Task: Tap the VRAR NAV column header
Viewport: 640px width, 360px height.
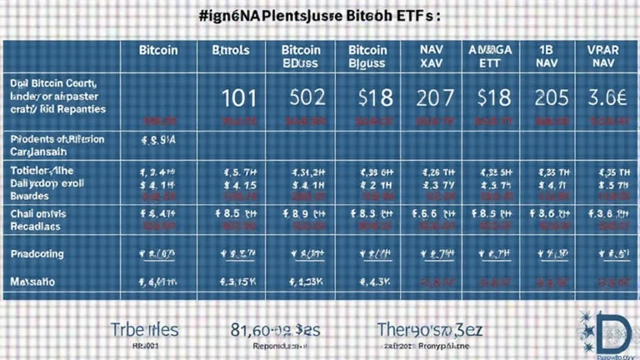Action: click(x=602, y=56)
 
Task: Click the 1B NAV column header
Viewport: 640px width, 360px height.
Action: click(x=548, y=56)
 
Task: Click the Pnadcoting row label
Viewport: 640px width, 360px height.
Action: click(x=37, y=253)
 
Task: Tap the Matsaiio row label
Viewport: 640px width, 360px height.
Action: click(x=33, y=282)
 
